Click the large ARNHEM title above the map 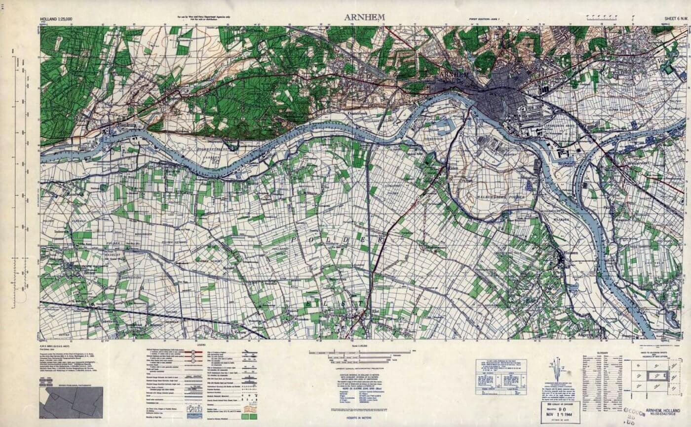[x=365, y=16]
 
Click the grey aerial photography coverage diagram [x=71, y=402]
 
